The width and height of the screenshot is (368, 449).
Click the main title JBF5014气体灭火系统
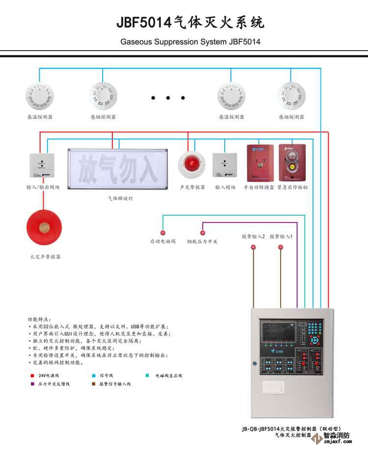(190, 22)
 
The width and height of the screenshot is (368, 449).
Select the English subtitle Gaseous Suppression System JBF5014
(190, 42)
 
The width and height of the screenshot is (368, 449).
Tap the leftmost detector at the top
(40, 95)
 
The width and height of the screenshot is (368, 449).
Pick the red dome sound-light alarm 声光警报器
(191, 165)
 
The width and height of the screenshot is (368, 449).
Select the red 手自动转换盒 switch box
(260, 163)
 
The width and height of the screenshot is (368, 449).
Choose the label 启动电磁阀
(162, 242)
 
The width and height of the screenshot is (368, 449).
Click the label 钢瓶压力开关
(202, 242)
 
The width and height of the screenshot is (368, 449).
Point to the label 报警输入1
(281, 236)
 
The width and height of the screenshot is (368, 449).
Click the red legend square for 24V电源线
(32, 375)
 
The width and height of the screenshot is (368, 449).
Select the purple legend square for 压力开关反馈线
(32, 384)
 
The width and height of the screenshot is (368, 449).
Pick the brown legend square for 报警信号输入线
(94, 384)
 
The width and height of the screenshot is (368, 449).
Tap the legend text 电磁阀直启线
(169, 375)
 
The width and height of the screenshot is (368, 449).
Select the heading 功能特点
(39, 319)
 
